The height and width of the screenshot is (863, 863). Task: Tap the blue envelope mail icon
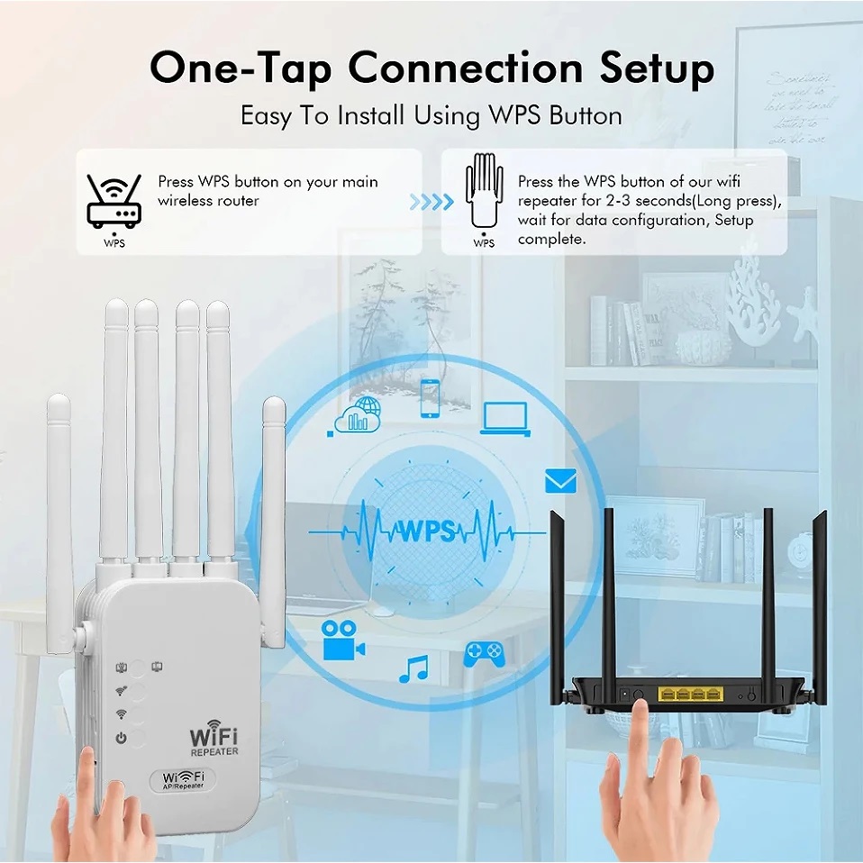click(x=560, y=482)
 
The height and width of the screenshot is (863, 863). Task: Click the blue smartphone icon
click(x=431, y=398)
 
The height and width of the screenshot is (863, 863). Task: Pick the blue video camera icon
click(x=342, y=640)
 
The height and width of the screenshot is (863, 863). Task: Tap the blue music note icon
click(x=413, y=668)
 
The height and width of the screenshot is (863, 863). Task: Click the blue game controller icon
click(x=484, y=653)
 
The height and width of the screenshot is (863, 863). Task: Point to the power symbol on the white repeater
click(x=120, y=739)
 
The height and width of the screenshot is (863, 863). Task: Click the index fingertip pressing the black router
click(x=641, y=708)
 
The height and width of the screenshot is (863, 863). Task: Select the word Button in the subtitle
click(x=586, y=116)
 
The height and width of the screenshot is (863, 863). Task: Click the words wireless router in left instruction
click(x=208, y=200)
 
